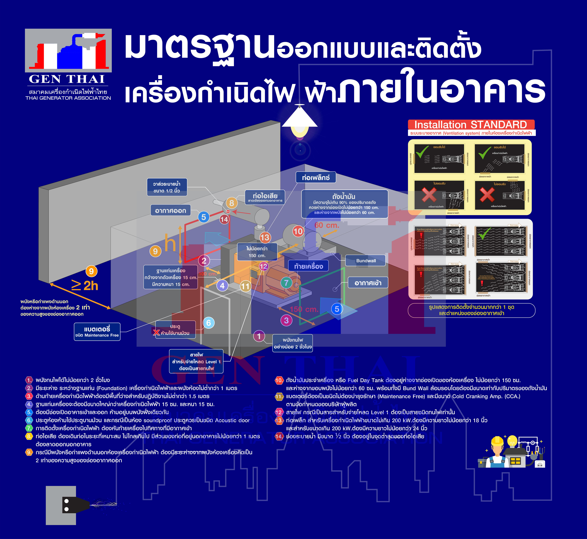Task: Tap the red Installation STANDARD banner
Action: point(471,125)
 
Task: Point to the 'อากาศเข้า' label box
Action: point(368,283)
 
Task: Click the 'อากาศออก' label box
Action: point(170,210)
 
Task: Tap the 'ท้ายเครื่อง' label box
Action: point(308,266)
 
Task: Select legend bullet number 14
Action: point(279,436)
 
